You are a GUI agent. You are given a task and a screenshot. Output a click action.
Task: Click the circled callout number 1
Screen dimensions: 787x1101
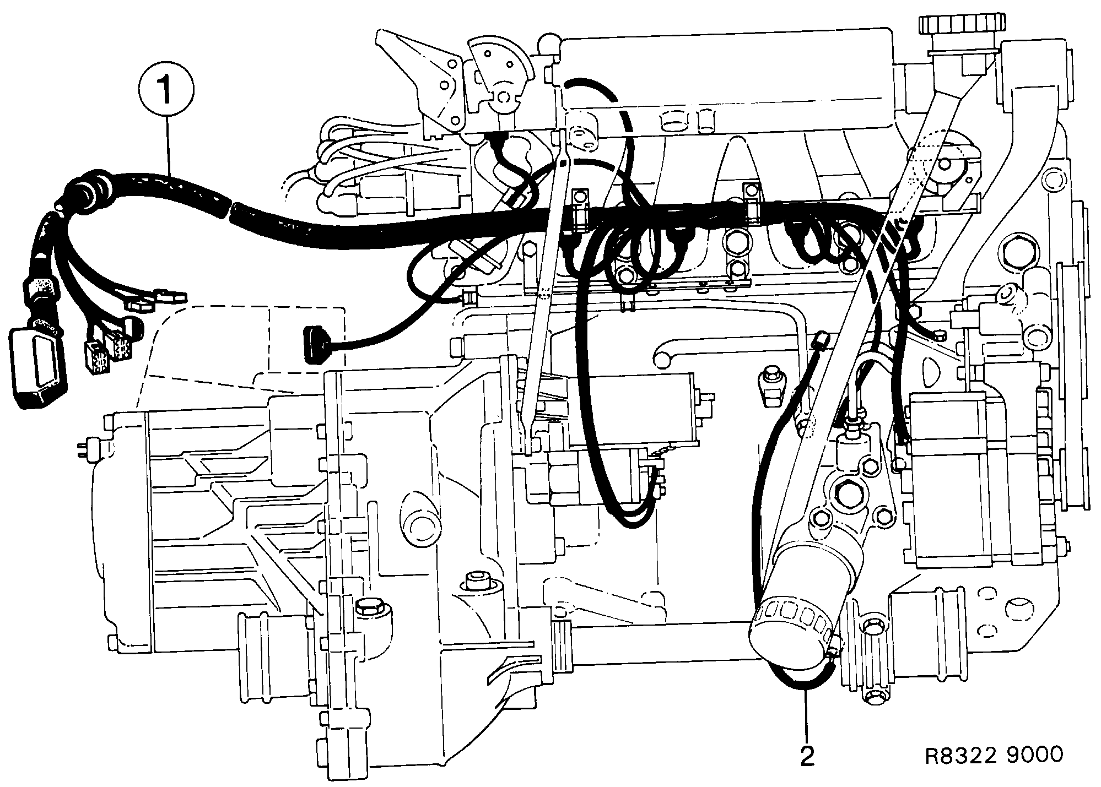point(166,88)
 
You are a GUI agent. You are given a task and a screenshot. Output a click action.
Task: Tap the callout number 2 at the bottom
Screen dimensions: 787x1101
point(807,757)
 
